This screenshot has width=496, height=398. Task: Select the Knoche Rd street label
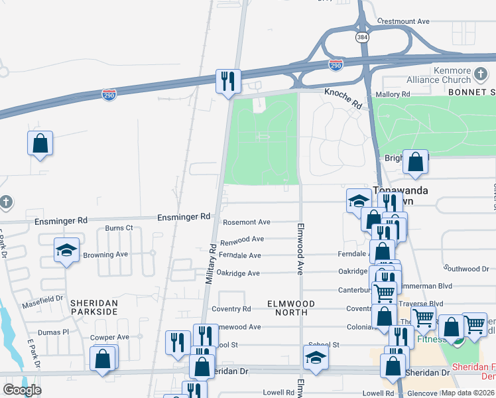point(342,99)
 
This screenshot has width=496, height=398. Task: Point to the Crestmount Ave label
point(404,21)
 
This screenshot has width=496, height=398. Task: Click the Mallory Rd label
point(393,95)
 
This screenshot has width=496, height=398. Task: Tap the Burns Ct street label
point(119,228)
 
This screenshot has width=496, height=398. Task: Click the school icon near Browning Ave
point(66,250)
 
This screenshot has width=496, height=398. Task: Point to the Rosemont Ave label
point(247,222)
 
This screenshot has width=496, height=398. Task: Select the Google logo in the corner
point(23,390)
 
